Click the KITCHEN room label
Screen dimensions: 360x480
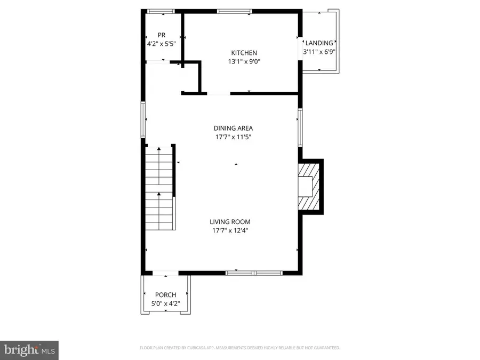click(244, 53)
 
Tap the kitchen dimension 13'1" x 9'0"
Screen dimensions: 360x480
click(244, 61)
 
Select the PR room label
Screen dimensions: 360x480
click(161, 35)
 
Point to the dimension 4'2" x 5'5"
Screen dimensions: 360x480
click(161, 44)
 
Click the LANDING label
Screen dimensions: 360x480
click(318, 43)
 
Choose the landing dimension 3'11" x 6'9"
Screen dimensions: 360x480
click(318, 52)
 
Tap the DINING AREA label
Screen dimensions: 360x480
click(233, 128)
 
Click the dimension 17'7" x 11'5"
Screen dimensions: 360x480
click(233, 137)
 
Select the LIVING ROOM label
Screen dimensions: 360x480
click(229, 222)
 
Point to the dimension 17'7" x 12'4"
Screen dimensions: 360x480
click(229, 230)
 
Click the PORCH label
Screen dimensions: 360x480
click(165, 295)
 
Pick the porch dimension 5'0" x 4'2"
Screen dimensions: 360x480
click(165, 303)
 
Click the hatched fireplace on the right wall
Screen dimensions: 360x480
click(309, 187)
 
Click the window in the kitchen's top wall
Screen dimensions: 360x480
click(235, 11)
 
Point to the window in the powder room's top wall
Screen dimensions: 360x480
click(161, 11)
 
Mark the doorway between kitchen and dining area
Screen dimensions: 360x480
click(219, 94)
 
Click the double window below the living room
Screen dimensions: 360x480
click(254, 273)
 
